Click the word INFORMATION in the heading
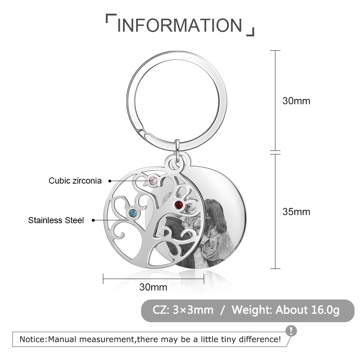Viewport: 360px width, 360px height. pyautogui.click(x=180, y=25)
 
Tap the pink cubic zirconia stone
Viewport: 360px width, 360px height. pyautogui.click(x=153, y=181)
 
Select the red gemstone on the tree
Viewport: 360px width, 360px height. pyautogui.click(x=179, y=205)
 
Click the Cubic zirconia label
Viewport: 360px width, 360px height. pyautogui.click(x=75, y=181)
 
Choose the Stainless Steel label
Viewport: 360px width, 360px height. pyautogui.click(x=56, y=220)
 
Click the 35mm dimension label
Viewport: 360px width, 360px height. pyautogui.click(x=296, y=212)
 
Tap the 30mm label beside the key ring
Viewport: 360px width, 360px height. pyautogui.click(x=296, y=101)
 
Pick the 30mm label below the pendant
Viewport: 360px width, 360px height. pyautogui.click(x=153, y=287)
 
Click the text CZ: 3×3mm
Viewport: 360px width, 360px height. pyautogui.click(x=183, y=310)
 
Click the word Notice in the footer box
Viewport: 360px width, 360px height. pyautogui.click(x=33, y=339)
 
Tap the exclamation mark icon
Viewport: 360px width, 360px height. pyautogui.click(x=291, y=331)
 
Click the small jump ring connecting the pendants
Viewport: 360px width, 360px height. pyautogui.click(x=177, y=150)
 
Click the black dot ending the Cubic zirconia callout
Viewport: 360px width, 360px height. pyautogui.click(x=110, y=181)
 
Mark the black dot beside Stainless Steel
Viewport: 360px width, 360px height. pyautogui.click(x=93, y=220)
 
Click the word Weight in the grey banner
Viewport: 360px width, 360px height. pyautogui.click(x=252, y=310)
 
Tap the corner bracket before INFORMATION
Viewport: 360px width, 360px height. pyautogui.click(x=111, y=18)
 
